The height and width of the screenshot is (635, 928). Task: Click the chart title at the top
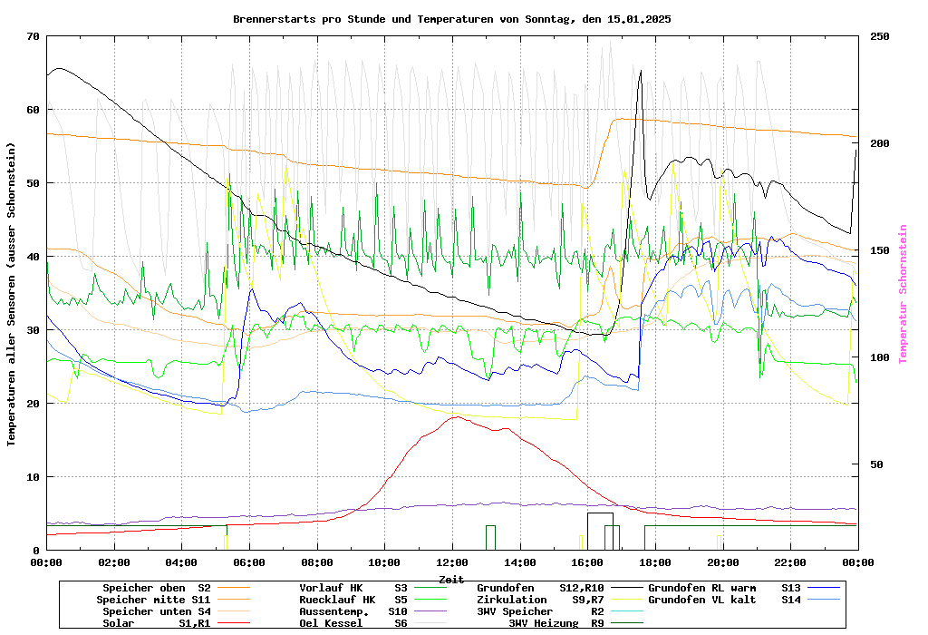[451, 19]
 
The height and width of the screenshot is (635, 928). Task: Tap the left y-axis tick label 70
[34, 36]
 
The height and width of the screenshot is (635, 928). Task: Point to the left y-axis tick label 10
[34, 477]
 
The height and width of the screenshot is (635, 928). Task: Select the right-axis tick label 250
[880, 36]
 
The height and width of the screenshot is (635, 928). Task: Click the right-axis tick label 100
[880, 357]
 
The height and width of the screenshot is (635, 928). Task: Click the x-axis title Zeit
[451, 579]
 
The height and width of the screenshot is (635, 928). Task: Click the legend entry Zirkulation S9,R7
[540, 600]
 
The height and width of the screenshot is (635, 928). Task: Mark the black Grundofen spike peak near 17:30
[641, 71]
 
